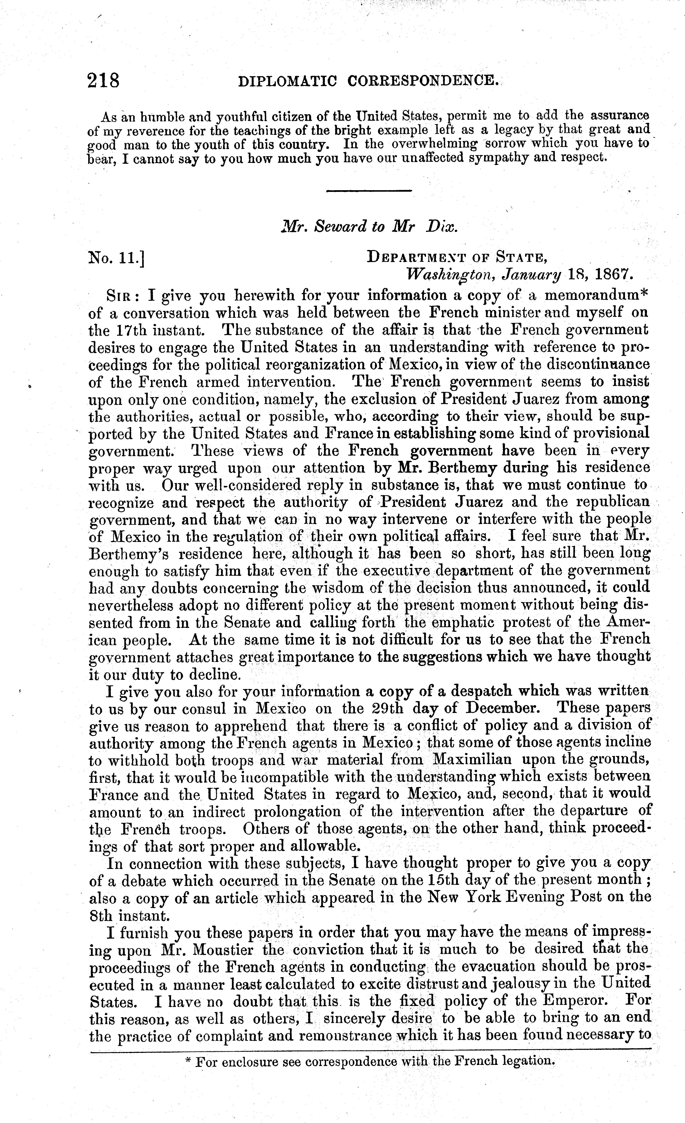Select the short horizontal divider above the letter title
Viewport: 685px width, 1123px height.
click(369, 191)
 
